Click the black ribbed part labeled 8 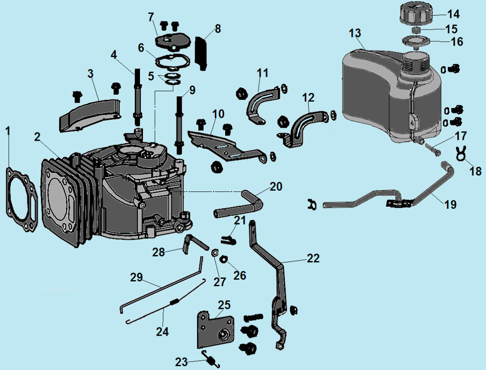click(201, 52)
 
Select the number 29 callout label click(137, 277)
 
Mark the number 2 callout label click(38, 137)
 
